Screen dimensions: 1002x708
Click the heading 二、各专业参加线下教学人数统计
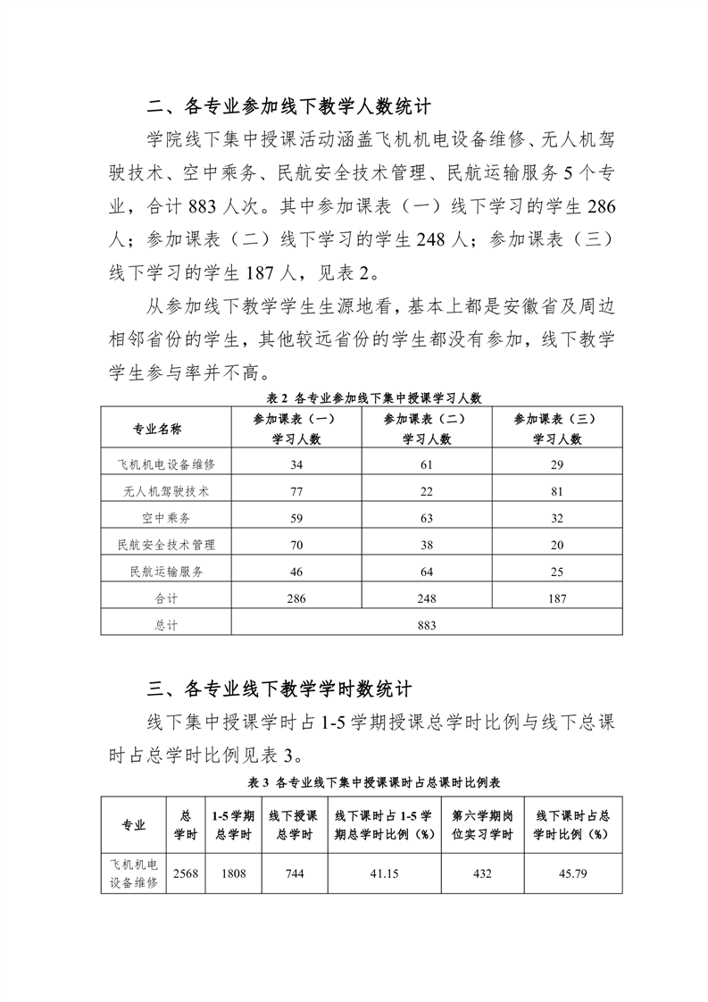click(289, 108)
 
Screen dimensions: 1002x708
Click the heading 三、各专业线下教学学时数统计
click(279, 689)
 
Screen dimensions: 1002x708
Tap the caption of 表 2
click(362, 398)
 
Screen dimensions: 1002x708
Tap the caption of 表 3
click(362, 782)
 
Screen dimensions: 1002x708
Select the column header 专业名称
click(157, 429)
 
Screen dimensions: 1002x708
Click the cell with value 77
click(296, 491)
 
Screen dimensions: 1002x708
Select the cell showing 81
click(557, 491)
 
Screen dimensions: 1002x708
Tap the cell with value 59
click(296, 518)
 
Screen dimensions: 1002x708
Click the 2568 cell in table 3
click(186, 873)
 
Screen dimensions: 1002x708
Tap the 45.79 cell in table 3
click(572, 873)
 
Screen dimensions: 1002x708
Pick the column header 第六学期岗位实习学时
click(482, 825)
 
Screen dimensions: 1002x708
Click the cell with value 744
click(295, 873)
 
